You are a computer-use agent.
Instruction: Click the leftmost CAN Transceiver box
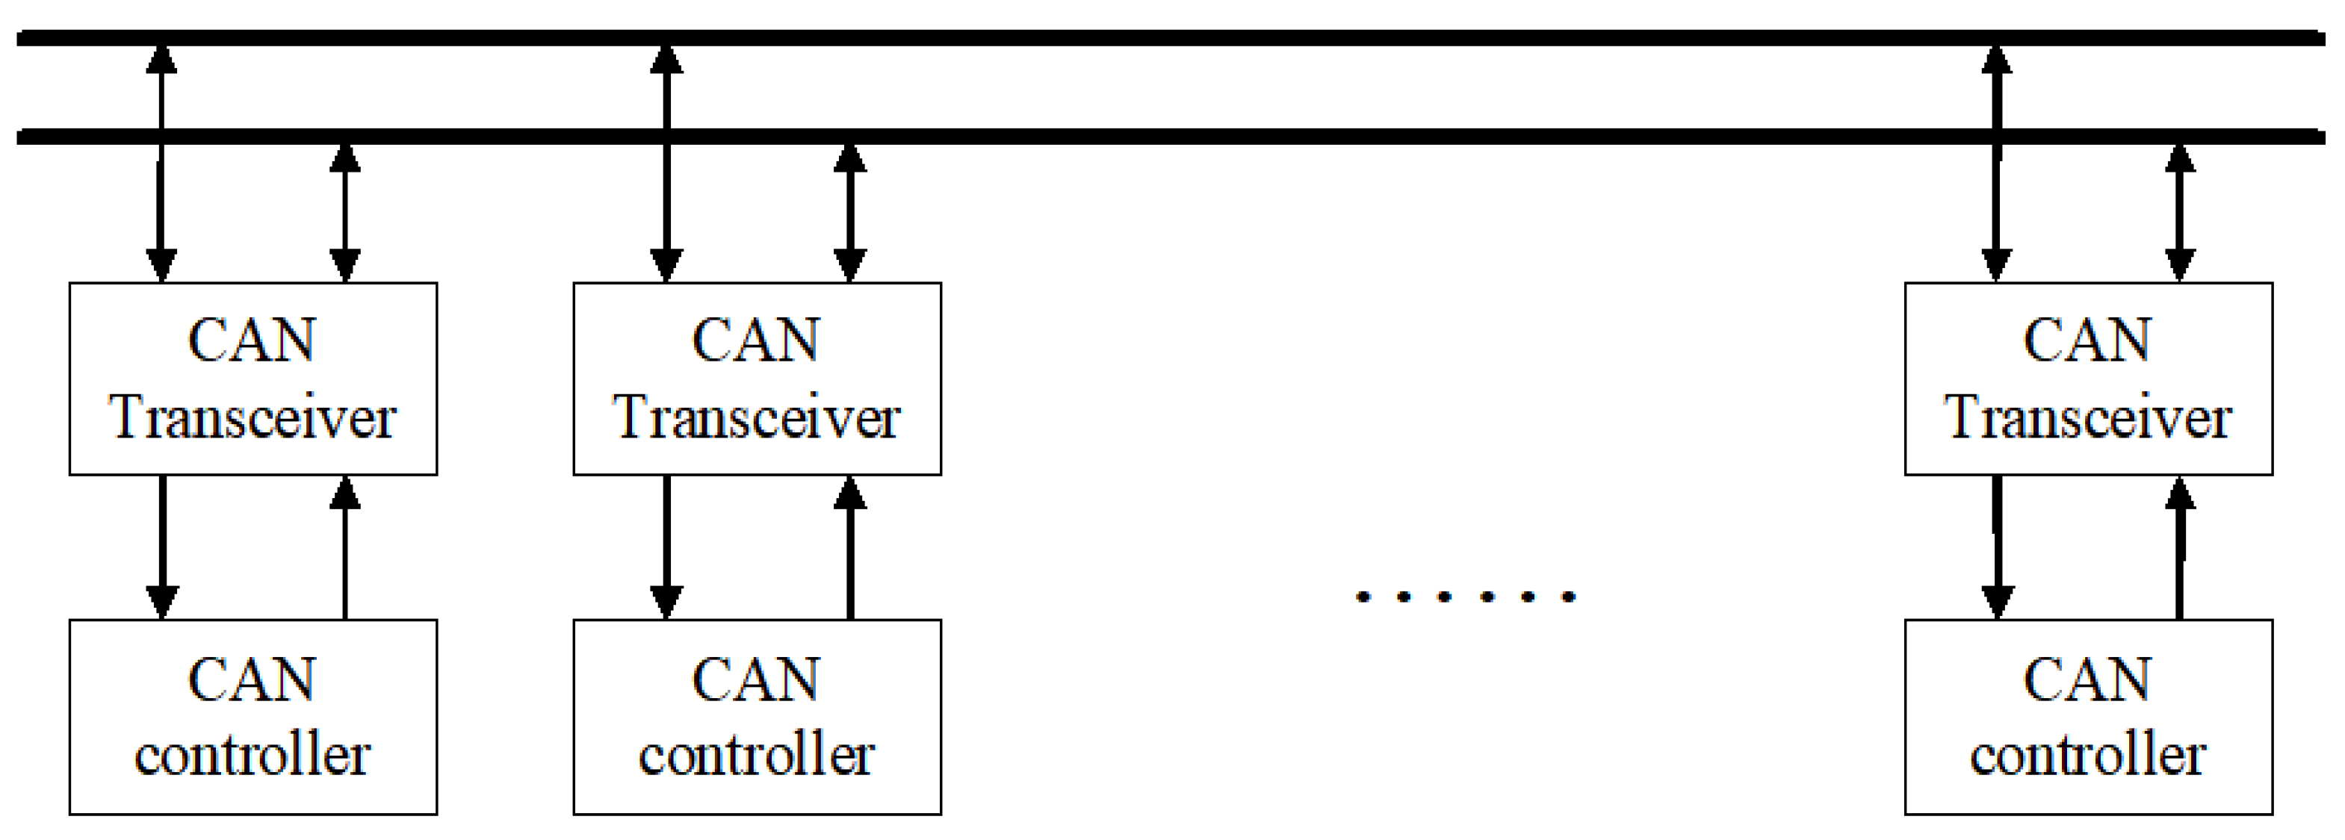coord(253,379)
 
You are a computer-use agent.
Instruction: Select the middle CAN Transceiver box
coord(757,379)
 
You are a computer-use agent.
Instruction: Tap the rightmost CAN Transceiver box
coord(2088,379)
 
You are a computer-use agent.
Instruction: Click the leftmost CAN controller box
coord(253,716)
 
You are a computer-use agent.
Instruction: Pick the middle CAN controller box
coord(757,716)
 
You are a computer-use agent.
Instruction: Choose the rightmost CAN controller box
coord(2088,716)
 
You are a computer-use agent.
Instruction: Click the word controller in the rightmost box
coord(2087,756)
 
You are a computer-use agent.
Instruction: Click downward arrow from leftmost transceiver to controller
coord(162,546)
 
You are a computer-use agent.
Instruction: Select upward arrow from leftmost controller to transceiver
coord(344,546)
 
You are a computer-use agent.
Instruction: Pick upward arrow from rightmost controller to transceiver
coord(2178,546)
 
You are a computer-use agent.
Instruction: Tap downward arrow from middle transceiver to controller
coord(666,546)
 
